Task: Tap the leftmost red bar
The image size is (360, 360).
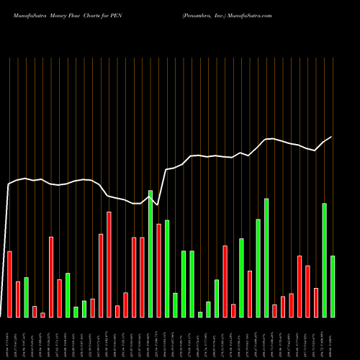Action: [9, 284]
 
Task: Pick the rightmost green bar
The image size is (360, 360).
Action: [333, 286]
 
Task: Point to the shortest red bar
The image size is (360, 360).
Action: [42, 315]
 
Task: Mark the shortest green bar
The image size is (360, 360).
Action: [200, 314]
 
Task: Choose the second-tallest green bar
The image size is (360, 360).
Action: [266, 257]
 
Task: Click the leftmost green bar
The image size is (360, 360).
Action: [26, 297]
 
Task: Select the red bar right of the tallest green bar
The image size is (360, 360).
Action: [158, 270]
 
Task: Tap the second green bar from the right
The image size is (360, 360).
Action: [325, 260]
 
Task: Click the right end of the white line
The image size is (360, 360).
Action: [332, 137]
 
